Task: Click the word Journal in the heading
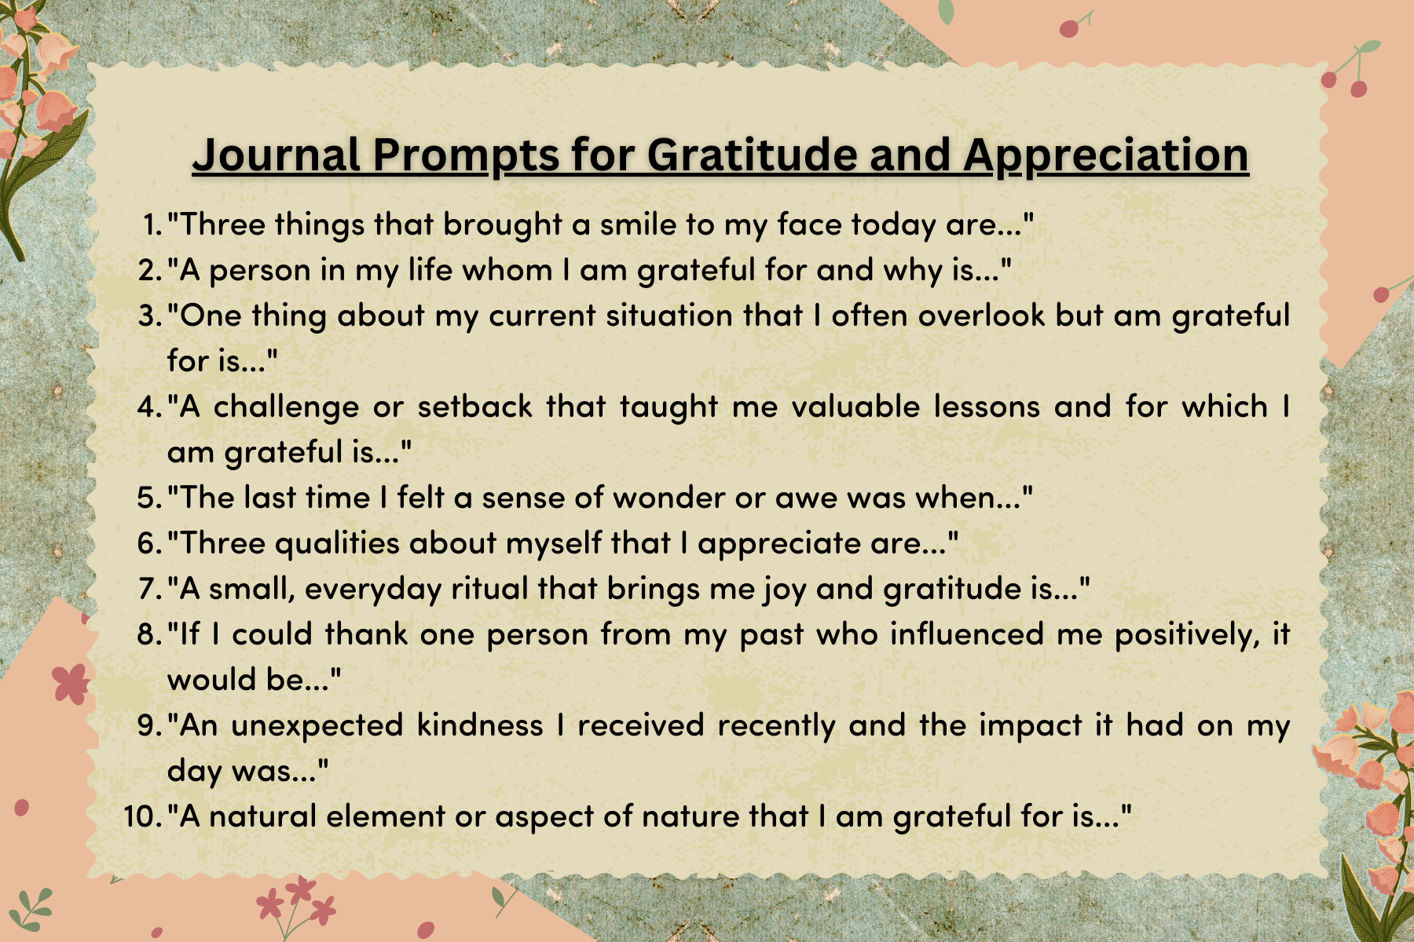[277, 155]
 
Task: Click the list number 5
[149, 498]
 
